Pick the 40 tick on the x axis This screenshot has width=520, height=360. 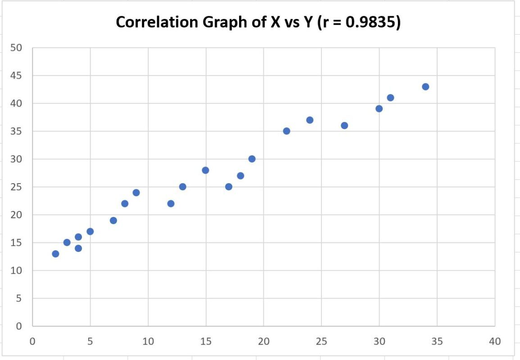coord(494,342)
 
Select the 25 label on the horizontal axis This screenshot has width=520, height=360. coord(321,342)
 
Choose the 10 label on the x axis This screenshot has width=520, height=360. coord(148,342)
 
